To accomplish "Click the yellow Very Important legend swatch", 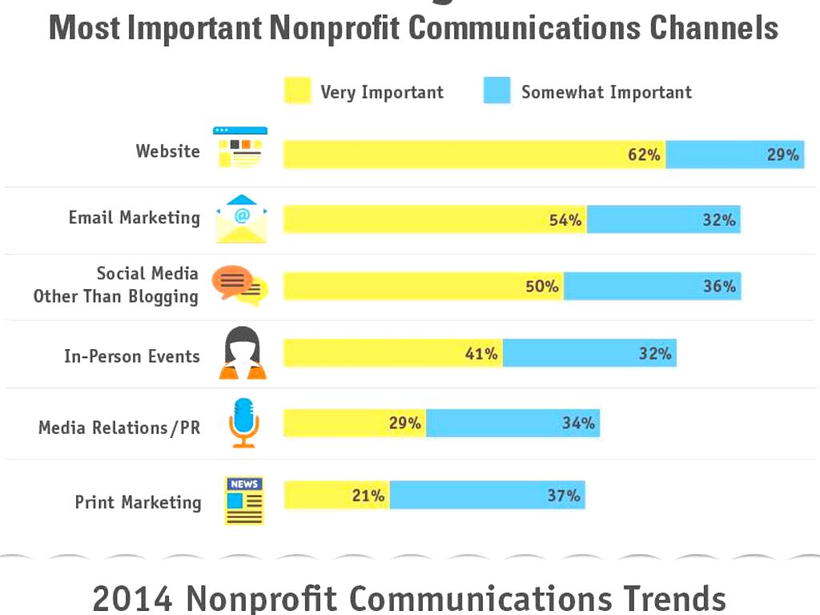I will [x=297, y=90].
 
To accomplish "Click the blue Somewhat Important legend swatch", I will [x=496, y=90].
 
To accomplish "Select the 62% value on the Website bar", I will [x=644, y=155].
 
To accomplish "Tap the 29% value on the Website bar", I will [x=782, y=155].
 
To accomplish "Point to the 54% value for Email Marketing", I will [x=565, y=219].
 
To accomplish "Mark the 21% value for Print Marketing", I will [x=368, y=496].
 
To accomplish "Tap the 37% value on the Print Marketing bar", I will [x=564, y=496].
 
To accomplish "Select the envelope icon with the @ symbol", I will [x=241, y=219].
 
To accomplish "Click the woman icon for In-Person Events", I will [x=242, y=353].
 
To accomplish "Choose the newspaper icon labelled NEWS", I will [x=244, y=500].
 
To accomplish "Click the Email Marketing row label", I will [x=134, y=218].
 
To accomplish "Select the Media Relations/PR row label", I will [x=119, y=428].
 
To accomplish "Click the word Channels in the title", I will [x=713, y=29].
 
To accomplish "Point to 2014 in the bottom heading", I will [x=132, y=598].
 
